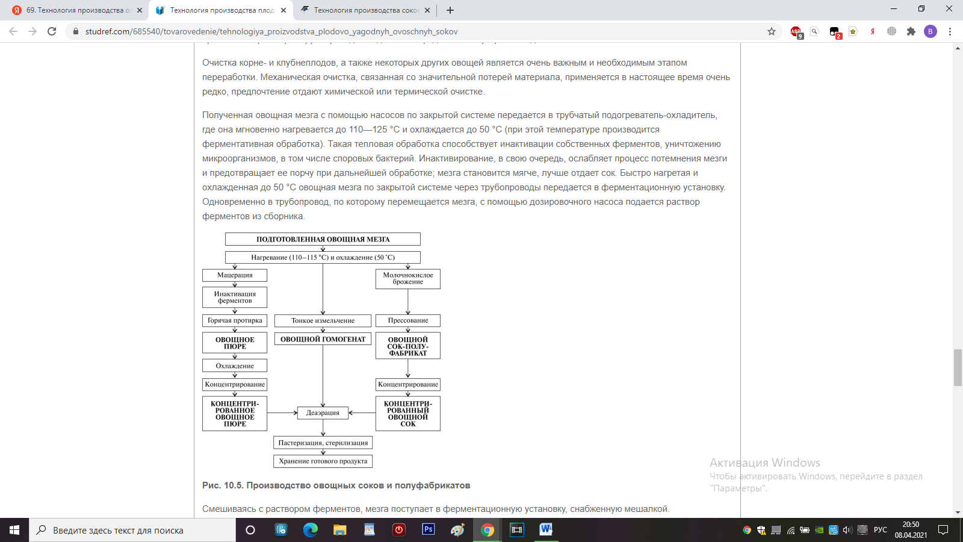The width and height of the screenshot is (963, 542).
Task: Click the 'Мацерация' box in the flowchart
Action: tap(235, 275)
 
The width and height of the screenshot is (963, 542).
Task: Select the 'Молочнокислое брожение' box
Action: tap(408, 279)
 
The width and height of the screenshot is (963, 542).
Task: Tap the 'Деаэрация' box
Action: tap(323, 413)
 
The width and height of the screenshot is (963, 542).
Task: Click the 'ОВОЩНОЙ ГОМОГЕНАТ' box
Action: tap(323, 339)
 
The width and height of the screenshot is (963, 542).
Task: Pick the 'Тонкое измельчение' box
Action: tap(323, 320)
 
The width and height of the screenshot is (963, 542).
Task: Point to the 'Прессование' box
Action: tap(408, 320)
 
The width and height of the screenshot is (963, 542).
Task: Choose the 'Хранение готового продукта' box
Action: tap(323, 461)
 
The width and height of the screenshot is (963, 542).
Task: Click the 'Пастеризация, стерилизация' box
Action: tap(323, 443)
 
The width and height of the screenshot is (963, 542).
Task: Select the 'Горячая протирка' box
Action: tap(235, 320)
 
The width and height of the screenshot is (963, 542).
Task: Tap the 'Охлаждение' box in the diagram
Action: tap(235, 366)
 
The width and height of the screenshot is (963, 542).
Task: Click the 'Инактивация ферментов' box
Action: tap(235, 297)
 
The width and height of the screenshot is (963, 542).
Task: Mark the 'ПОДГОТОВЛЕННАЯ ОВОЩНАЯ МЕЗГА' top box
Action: tap(323, 239)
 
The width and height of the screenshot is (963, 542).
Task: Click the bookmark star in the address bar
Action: tap(772, 31)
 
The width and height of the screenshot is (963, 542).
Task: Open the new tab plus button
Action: tap(450, 10)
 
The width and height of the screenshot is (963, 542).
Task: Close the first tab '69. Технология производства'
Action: tap(140, 10)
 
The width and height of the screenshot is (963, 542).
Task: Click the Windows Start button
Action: tap(14, 530)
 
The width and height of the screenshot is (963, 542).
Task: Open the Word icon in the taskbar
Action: tap(546, 530)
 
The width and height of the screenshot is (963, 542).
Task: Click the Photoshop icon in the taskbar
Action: tap(429, 530)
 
